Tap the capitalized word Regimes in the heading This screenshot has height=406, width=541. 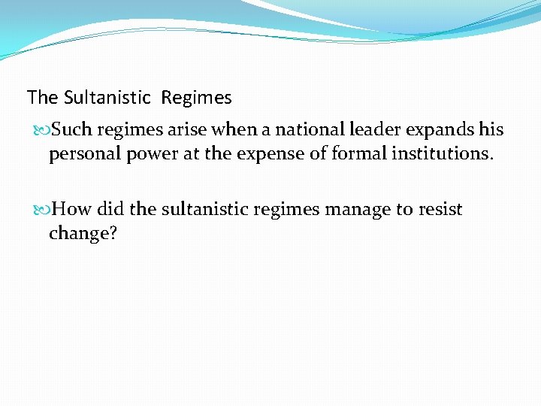click(x=196, y=98)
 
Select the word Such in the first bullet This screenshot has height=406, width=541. click(x=73, y=130)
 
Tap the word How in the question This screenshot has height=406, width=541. click(x=71, y=209)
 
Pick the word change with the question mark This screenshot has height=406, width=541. click(x=83, y=234)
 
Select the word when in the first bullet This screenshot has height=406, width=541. click(x=233, y=130)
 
